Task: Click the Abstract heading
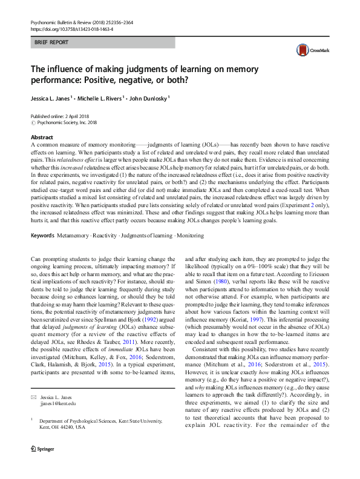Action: coord(42,137)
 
